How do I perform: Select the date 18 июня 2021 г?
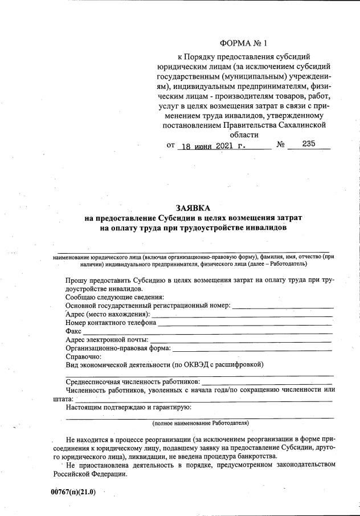[x=211, y=145]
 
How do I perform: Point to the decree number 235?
[x=309, y=144]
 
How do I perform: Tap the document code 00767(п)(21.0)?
[x=73, y=492]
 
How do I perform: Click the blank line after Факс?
[x=207, y=331]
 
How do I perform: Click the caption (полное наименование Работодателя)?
[x=200, y=423]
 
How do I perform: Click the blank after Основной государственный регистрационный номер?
[x=283, y=306]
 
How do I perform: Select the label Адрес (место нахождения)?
[x=108, y=314]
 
